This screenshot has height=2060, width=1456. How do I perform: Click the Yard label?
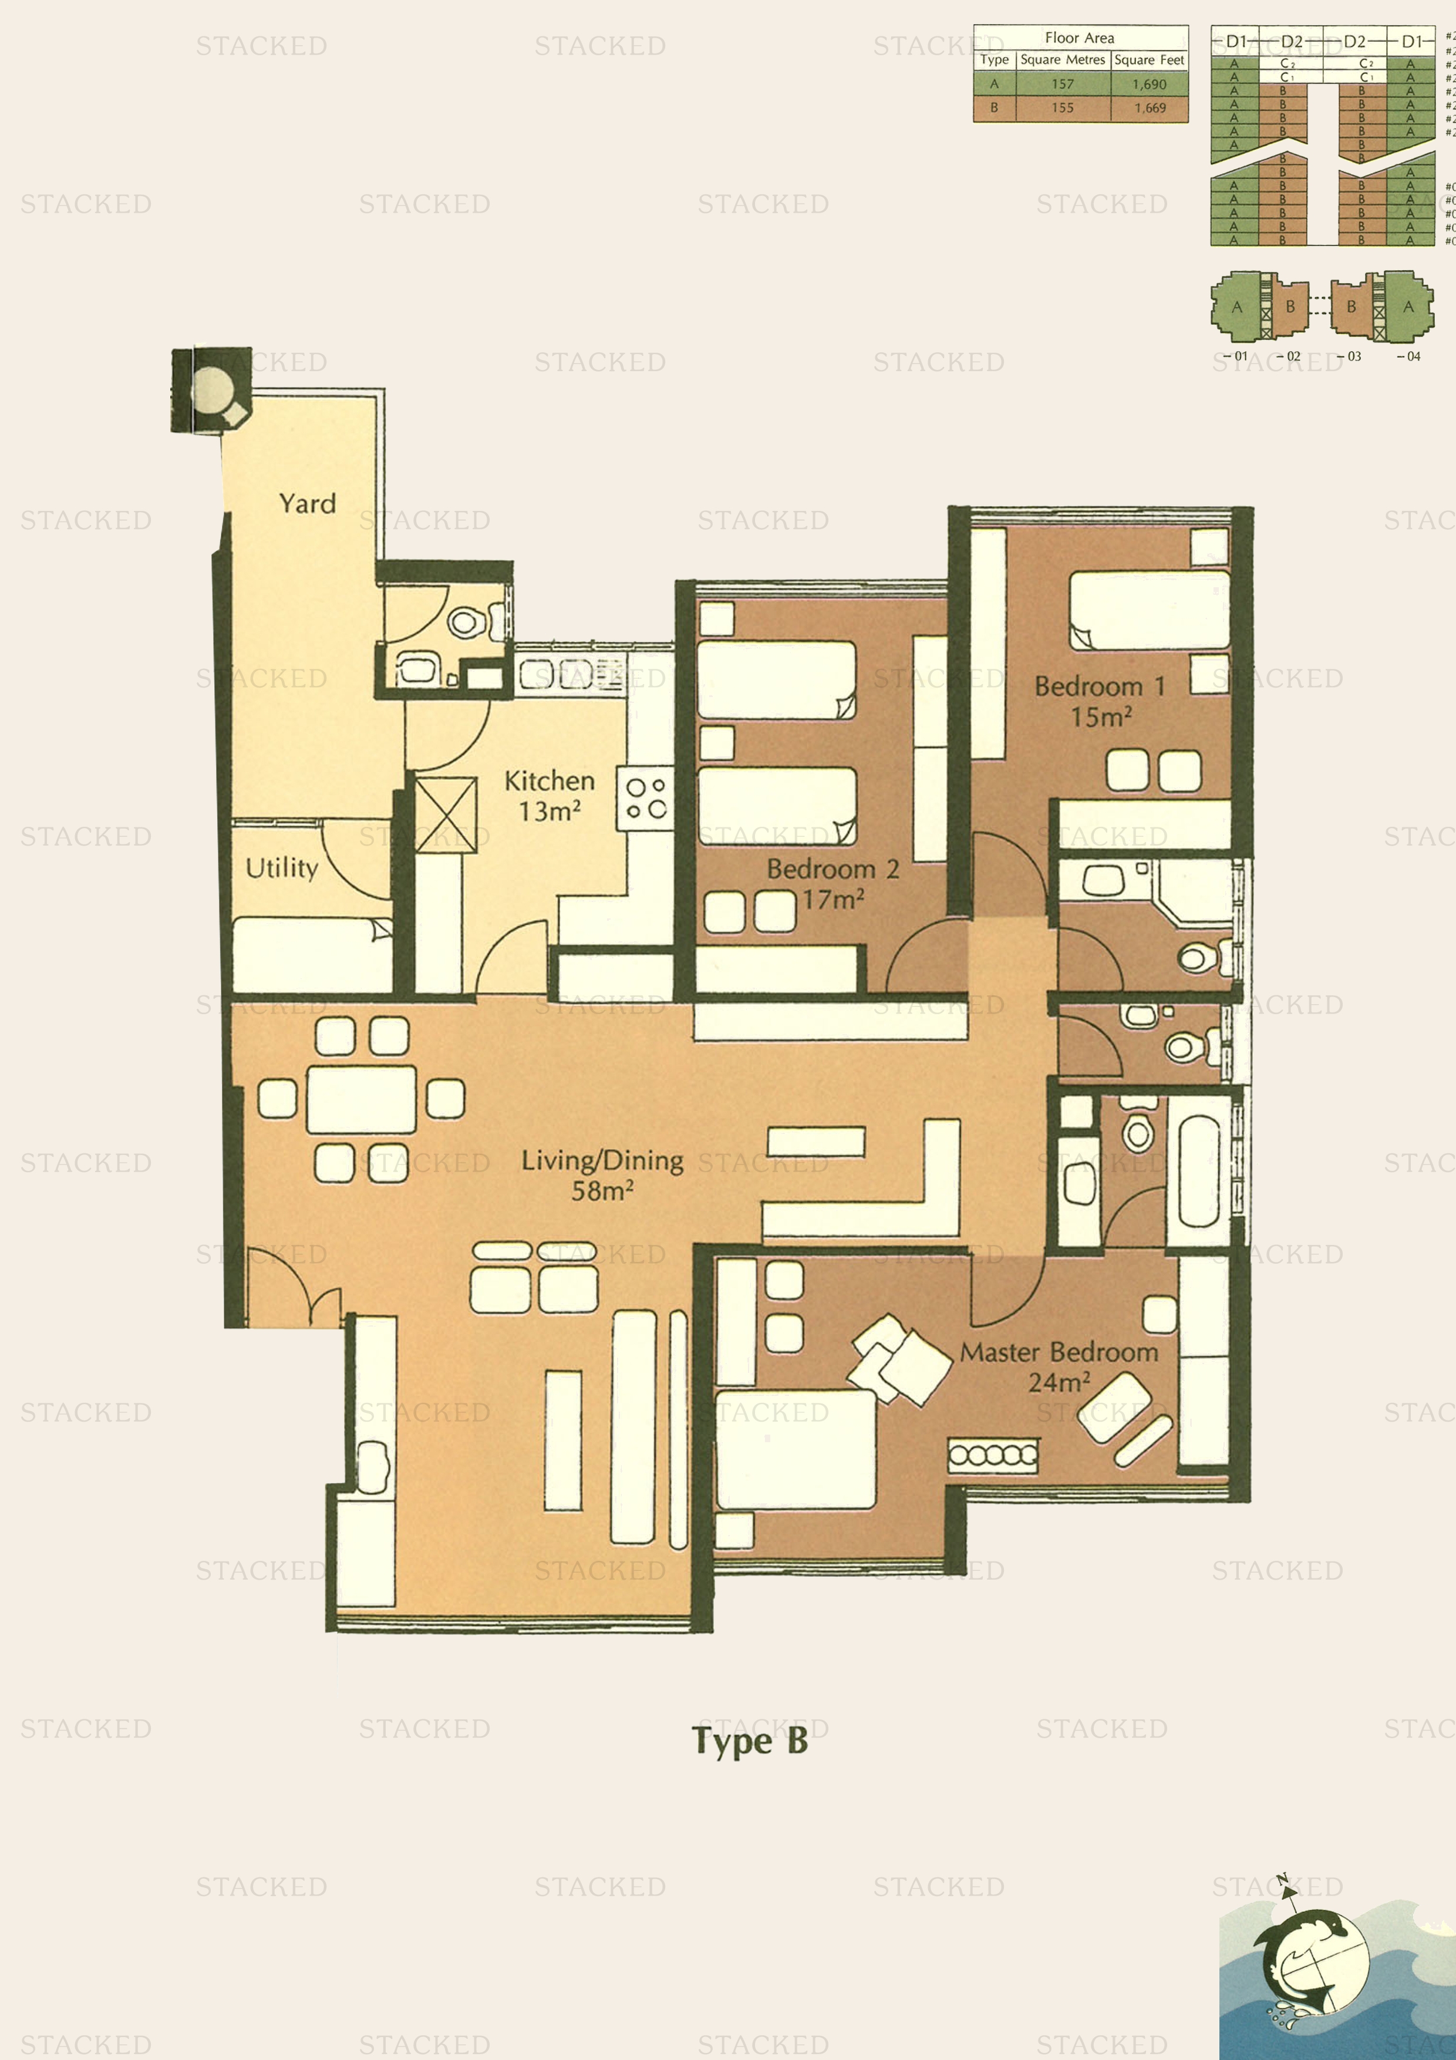coord(307,503)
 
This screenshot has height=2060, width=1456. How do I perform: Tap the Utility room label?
coord(282,867)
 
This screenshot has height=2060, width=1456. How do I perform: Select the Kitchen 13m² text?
coord(549,795)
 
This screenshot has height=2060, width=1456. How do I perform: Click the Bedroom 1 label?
coord(1100,701)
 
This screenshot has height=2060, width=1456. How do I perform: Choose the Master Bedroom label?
coord(1059,1365)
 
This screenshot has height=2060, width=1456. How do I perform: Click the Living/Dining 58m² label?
coord(602,1174)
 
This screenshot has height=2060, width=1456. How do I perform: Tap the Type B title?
coord(750,1742)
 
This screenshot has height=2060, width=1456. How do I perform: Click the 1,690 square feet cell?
coord(1149,85)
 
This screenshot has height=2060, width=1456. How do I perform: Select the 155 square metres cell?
coord(1062,107)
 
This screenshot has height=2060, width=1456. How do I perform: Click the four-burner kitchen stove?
coord(645,797)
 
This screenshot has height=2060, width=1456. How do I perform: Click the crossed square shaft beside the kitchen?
coord(446,814)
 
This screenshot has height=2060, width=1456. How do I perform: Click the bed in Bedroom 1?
coord(1148,610)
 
